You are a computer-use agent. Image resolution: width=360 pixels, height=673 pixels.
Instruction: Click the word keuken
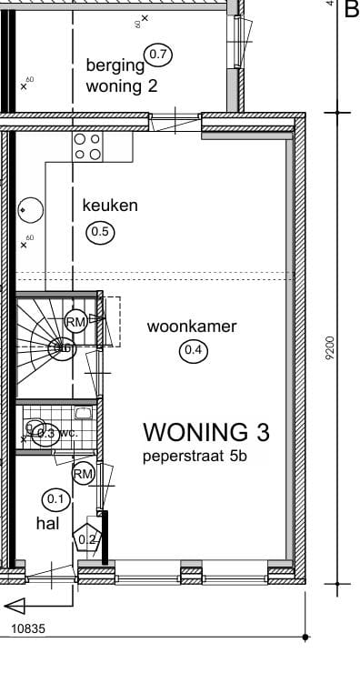110,206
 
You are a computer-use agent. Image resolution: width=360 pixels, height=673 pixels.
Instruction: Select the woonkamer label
192,326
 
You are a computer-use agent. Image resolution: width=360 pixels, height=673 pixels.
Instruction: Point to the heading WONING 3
207,431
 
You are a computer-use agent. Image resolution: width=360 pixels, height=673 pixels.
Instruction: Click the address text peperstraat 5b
195,457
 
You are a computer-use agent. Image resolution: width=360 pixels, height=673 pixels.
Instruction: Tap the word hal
47,523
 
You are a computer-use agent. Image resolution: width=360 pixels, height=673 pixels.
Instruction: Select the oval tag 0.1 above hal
55,498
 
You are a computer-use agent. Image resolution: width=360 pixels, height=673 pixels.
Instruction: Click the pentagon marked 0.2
88,538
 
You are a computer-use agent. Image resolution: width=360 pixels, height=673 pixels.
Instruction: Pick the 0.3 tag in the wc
46,434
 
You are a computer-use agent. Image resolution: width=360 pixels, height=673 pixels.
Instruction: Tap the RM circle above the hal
84,474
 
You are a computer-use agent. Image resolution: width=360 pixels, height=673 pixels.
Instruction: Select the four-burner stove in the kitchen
87,146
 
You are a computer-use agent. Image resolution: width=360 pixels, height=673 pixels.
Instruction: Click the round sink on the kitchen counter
30,210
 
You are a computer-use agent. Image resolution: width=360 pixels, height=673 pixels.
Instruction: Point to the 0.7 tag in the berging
158,55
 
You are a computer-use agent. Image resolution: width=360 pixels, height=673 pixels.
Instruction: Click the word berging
115,65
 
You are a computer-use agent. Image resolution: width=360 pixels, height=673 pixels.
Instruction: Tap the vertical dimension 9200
329,347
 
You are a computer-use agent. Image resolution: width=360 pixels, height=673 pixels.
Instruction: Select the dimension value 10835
28,628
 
